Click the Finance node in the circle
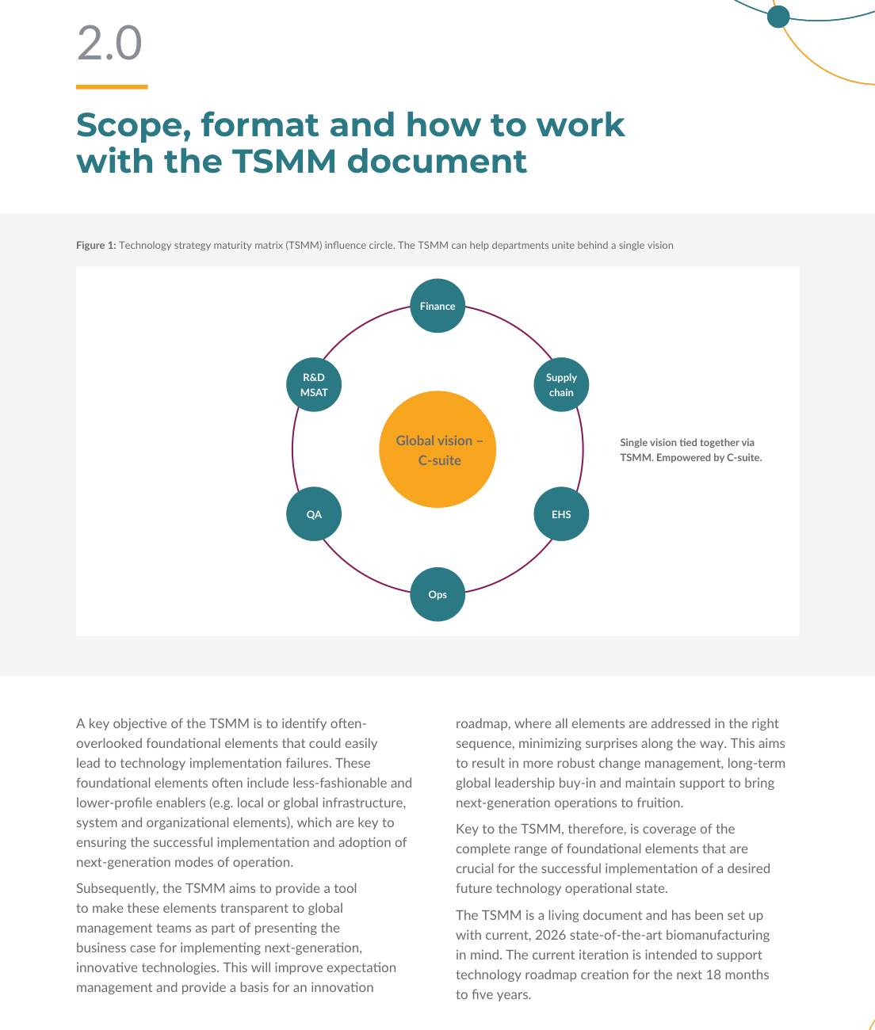(x=437, y=306)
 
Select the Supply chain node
(x=561, y=385)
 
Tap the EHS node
(x=561, y=513)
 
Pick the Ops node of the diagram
(x=437, y=594)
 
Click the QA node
(x=314, y=513)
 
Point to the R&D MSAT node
(x=314, y=385)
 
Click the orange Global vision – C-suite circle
(x=437, y=449)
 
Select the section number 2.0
(x=109, y=43)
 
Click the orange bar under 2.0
(x=112, y=86)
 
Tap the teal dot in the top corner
(x=778, y=17)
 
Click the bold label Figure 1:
(x=96, y=245)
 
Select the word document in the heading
(x=437, y=162)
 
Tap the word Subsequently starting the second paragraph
(x=119, y=888)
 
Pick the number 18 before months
(x=714, y=975)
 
